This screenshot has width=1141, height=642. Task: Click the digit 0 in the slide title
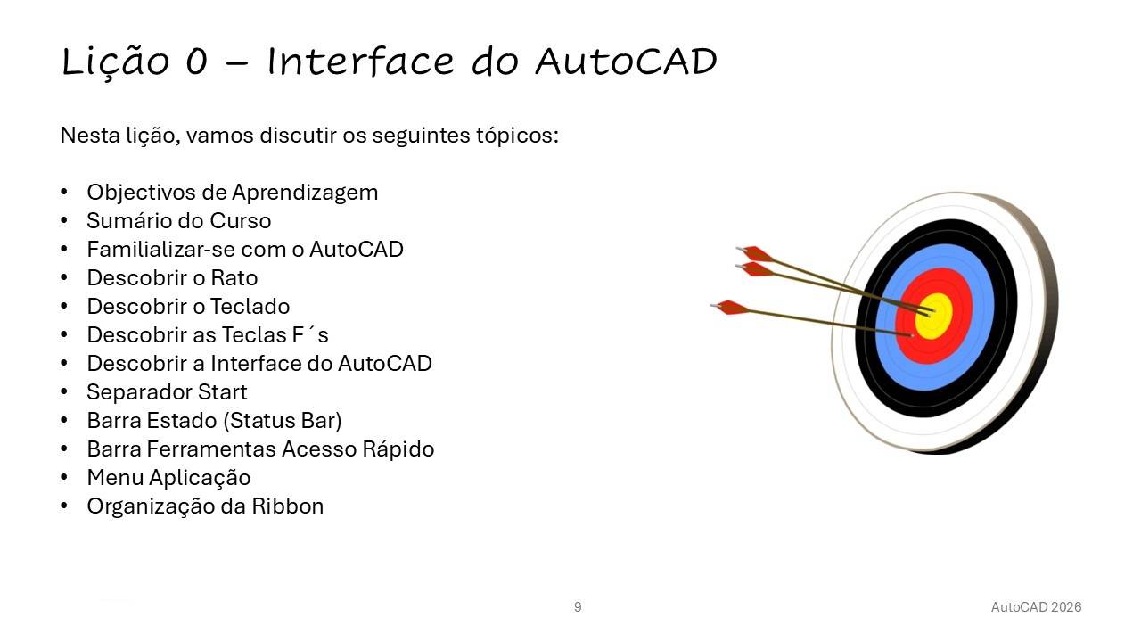pyautogui.click(x=197, y=62)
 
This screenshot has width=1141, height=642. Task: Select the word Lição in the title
pyautogui.click(x=115, y=62)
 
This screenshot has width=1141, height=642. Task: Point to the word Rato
pyautogui.click(x=234, y=278)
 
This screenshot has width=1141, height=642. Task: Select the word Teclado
pyautogui.click(x=250, y=307)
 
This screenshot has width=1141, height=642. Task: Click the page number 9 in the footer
pyautogui.click(x=578, y=607)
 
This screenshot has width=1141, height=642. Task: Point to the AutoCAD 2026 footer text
pyautogui.click(x=1036, y=607)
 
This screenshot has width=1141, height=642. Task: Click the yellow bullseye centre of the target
pyautogui.click(x=933, y=316)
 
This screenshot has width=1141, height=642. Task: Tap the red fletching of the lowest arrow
pyautogui.click(x=732, y=308)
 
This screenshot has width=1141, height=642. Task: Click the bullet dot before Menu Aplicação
pyautogui.click(x=64, y=478)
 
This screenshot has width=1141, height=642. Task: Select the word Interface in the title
pyautogui.click(x=360, y=62)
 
